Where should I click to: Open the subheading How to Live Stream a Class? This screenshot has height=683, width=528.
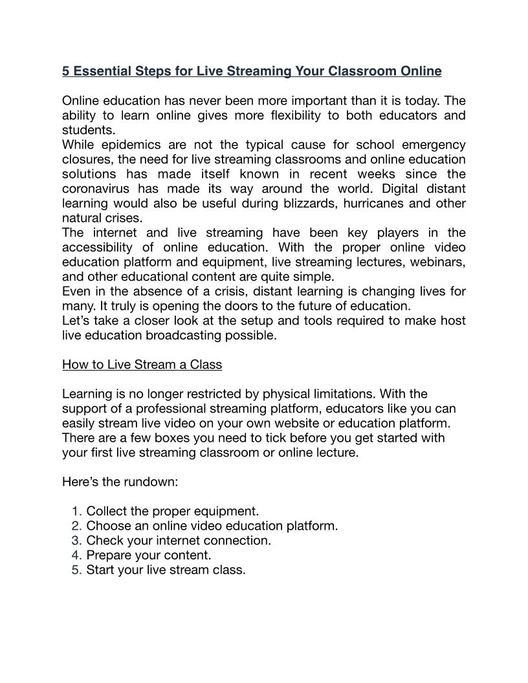click(x=142, y=365)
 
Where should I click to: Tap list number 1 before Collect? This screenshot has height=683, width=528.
click(x=76, y=511)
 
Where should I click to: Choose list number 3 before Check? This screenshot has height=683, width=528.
click(x=76, y=541)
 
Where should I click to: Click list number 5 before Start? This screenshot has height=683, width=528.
click(x=76, y=570)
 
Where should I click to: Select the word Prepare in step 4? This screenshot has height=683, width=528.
click(x=109, y=555)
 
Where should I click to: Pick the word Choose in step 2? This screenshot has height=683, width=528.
click(x=108, y=526)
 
